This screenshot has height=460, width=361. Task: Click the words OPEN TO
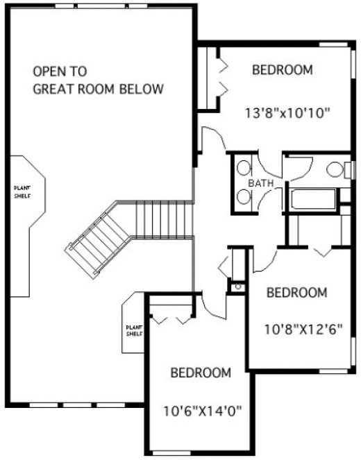(x=60, y=71)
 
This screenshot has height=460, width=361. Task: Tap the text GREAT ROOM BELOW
(x=99, y=89)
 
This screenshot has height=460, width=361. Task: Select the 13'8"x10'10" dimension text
(x=287, y=112)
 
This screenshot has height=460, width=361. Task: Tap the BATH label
(x=260, y=183)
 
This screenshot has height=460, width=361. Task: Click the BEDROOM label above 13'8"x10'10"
(x=282, y=70)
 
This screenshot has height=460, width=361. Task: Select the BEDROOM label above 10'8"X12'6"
(x=296, y=293)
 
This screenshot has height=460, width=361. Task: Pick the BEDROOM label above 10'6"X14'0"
(x=201, y=373)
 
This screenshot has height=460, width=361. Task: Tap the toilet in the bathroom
(x=335, y=169)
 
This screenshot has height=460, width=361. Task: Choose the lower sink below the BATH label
(x=244, y=197)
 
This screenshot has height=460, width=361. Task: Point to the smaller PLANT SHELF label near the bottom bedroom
(x=133, y=330)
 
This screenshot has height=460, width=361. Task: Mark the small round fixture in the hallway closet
(x=237, y=285)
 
